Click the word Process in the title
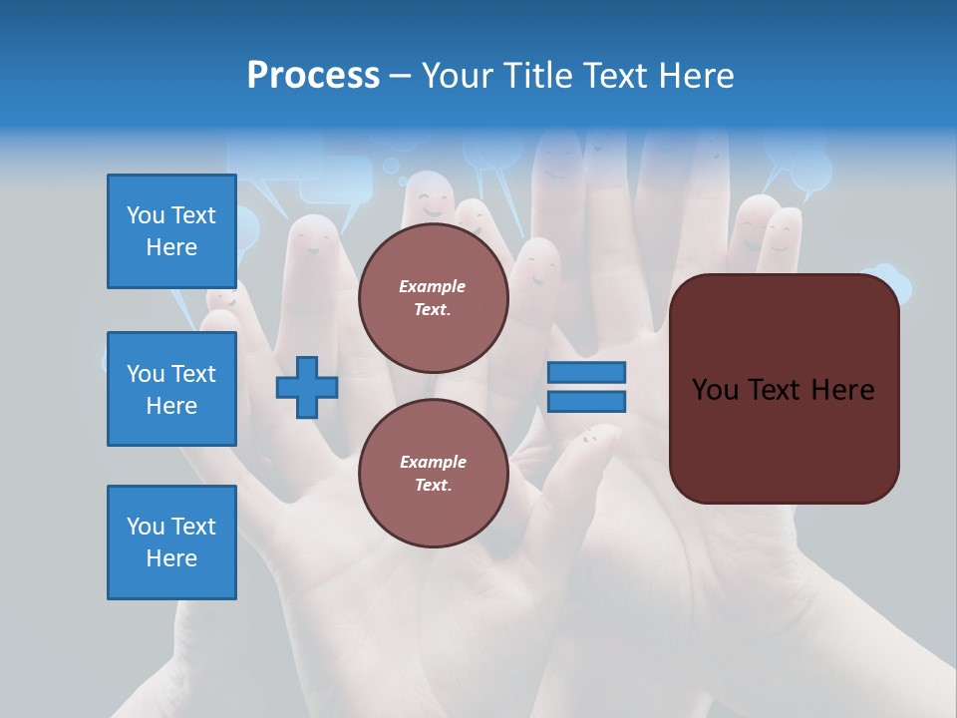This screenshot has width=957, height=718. tap(313, 76)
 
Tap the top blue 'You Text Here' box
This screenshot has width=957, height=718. tap(171, 231)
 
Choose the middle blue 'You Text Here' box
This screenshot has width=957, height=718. tap(171, 389)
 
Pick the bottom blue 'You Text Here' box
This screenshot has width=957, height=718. tap(171, 542)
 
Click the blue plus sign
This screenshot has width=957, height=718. tap(307, 388)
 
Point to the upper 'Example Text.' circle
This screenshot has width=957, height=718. tap(433, 298)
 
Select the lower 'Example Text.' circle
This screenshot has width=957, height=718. tap(433, 474)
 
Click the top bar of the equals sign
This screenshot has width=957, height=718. tap(586, 373)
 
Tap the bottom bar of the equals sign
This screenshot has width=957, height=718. tap(586, 402)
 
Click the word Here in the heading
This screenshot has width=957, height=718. tap(696, 76)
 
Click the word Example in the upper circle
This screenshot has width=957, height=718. tap(433, 286)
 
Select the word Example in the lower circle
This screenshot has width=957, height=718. tap(433, 462)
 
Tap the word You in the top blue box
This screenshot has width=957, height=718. tap(146, 215)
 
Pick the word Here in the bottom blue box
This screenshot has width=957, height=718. tap(171, 558)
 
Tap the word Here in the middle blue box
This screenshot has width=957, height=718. tap(171, 406)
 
